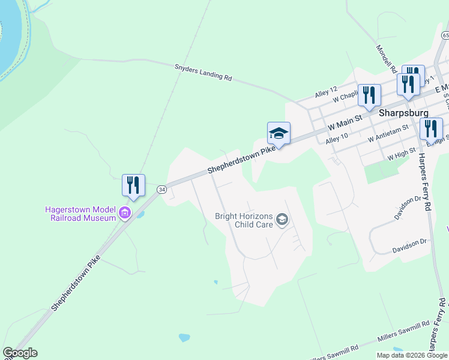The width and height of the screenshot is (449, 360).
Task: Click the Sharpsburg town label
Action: tap(404, 112)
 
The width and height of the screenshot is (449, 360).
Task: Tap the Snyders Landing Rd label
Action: tap(203, 73)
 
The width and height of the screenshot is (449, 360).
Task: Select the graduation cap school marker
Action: tap(279, 133)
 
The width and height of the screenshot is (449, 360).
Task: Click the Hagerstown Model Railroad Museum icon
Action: tap(125, 213)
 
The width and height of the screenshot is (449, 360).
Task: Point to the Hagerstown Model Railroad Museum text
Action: tap(80, 214)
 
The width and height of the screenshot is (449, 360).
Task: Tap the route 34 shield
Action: tap(161, 189)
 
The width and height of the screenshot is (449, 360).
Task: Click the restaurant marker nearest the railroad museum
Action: tap(133, 185)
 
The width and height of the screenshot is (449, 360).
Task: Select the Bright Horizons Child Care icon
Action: tap(282, 220)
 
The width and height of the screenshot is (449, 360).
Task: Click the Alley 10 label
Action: tap(337, 140)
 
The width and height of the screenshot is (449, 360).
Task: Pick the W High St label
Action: tap(402, 155)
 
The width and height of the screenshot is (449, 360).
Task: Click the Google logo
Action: tap(19, 353)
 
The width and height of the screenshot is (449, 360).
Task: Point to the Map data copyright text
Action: tap(412, 355)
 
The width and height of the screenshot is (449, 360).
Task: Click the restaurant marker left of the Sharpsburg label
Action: tap(369, 95)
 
